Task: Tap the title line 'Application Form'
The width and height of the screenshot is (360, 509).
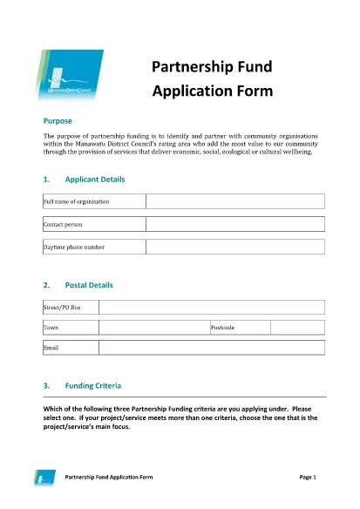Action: point(213,90)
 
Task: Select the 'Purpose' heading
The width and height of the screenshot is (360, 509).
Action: point(58,120)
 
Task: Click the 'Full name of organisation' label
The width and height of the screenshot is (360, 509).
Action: point(77,201)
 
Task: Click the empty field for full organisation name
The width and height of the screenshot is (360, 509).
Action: point(234,201)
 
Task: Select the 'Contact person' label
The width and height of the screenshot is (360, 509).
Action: point(63,224)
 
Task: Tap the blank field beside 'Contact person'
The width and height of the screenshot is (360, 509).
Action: point(234,224)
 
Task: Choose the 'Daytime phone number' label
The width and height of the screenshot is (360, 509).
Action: point(74,247)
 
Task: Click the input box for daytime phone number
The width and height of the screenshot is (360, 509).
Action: point(234,247)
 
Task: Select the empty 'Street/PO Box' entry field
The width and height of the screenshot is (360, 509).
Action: point(212,307)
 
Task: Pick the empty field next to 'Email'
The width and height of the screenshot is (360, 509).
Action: point(212,348)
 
